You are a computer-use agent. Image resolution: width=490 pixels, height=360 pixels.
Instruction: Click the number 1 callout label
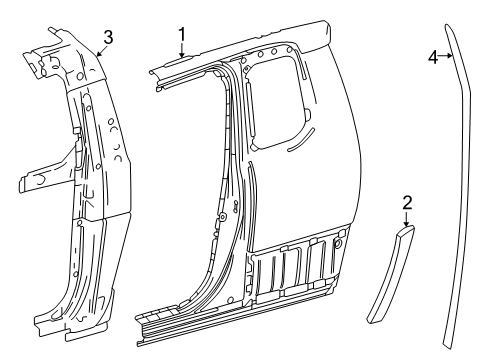tap(182, 35)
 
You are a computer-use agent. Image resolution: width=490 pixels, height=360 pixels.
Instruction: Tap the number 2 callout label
tap(407, 204)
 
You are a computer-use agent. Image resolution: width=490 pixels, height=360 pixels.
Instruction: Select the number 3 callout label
tap(108, 37)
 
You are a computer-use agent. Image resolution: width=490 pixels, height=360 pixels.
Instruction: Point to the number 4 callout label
tap(433, 57)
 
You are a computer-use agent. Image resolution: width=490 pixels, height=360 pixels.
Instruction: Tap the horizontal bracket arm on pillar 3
tap(40, 183)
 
